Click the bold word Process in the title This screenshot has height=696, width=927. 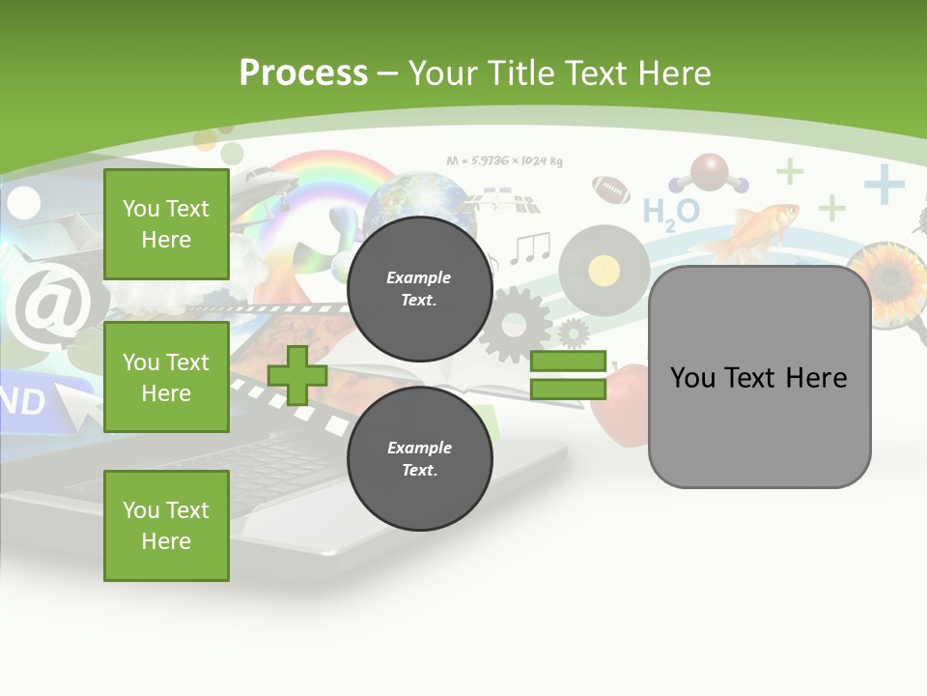[303, 72]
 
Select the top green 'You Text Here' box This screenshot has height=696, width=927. [166, 224]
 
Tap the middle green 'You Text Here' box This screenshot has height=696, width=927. [166, 377]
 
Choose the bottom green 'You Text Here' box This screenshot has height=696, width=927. [166, 526]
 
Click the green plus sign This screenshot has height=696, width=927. [297, 375]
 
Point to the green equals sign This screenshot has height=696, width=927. [568, 375]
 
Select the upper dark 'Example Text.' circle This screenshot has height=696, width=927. [419, 288]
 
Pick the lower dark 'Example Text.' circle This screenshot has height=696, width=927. [419, 458]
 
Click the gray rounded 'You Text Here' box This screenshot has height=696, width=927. [759, 377]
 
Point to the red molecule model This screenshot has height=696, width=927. [710, 173]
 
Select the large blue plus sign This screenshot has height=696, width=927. [884, 184]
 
